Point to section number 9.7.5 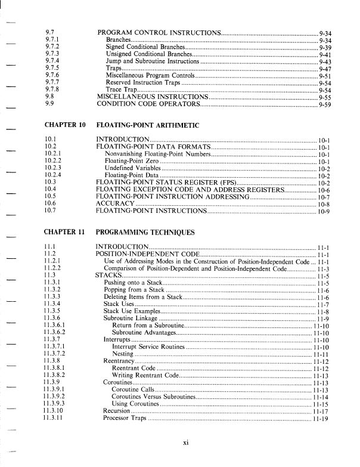tap(52, 69)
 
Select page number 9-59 tap(325, 104)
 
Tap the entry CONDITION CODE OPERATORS tap(148, 104)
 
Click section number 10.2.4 tap(54, 175)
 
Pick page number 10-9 tap(325, 211)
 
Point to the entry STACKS tap(108, 276)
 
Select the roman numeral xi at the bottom tap(186, 442)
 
